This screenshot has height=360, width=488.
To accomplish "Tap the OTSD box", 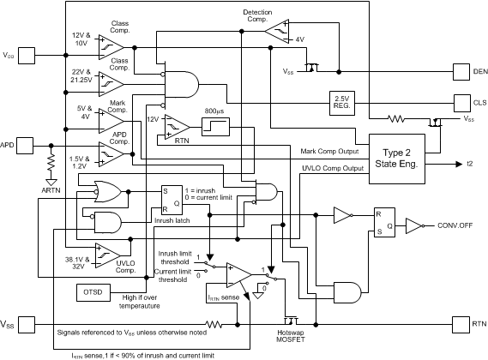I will pyautogui.click(x=93, y=292).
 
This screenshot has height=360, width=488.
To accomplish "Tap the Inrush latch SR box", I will pyautogui.click(x=170, y=199).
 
